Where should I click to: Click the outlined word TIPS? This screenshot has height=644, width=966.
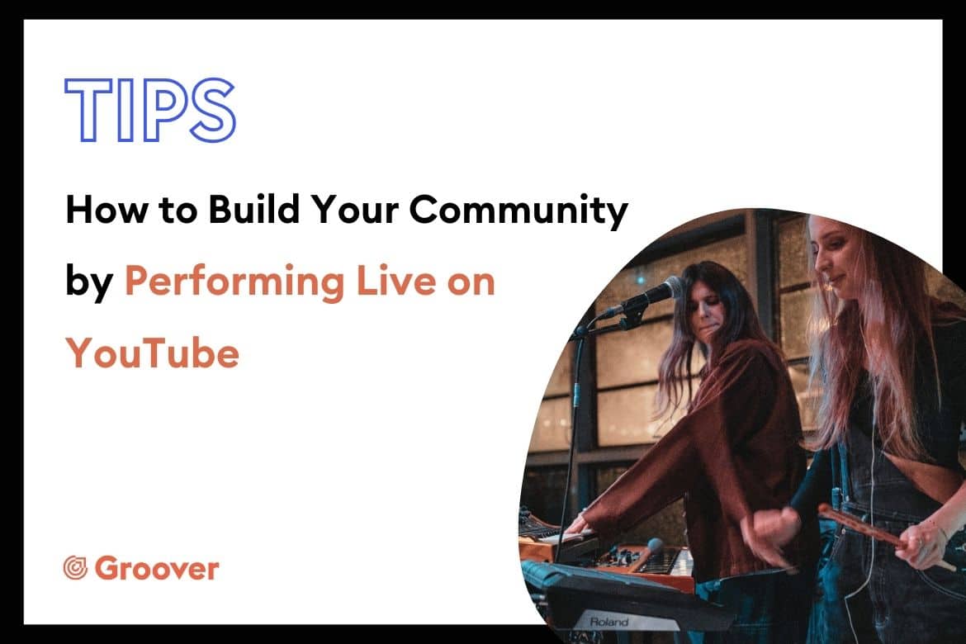[x=150, y=110]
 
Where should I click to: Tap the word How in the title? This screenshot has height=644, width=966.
[x=107, y=210]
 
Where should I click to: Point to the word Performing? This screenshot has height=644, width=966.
[x=234, y=283]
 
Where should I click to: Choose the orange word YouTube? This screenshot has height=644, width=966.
[x=152, y=353]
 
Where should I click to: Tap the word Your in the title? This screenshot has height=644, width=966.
[x=354, y=210]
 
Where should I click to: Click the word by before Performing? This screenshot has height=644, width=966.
[x=89, y=283]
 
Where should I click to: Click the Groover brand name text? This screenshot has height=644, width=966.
[x=157, y=568]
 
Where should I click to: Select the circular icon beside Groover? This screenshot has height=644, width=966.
[x=76, y=568]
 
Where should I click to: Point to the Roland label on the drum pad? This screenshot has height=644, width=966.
[x=608, y=622]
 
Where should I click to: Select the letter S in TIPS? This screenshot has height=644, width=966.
[x=212, y=110]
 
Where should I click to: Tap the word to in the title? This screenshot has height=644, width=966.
[x=178, y=211]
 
